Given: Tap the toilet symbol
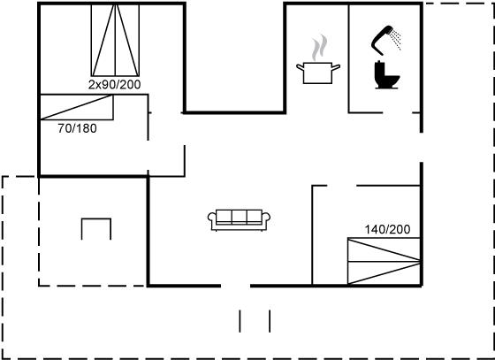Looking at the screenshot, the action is click(386, 75).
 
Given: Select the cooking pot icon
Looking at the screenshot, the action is click(318, 73).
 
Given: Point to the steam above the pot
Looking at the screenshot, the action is click(319, 48).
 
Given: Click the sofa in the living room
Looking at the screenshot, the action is click(239, 220).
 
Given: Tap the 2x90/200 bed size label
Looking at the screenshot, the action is click(114, 85).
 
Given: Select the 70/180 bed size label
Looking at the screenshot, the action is click(78, 128).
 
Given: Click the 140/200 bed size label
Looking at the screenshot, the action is click(387, 229).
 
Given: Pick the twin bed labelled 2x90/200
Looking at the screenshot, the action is click(115, 40).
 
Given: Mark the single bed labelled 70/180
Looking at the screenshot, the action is click(77, 107).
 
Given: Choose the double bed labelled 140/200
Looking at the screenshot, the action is click(384, 261).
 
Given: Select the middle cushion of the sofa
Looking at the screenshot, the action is click(239, 217).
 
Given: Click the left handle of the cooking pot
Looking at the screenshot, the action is click(300, 67).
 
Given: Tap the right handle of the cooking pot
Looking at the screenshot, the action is click(336, 67).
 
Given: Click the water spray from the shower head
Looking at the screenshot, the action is click(396, 39).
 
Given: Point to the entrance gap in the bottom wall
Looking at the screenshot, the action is click(235, 286).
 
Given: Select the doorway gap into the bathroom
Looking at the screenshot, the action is click(398, 112).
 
